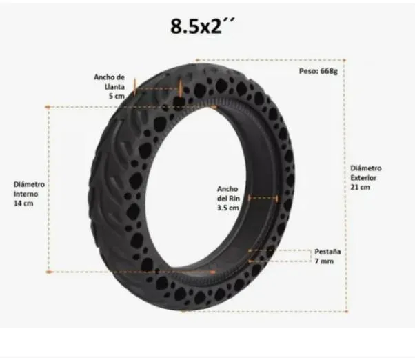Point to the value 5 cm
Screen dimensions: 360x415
[115, 96]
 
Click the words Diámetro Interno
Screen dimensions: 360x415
[30, 189]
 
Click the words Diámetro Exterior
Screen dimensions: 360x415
[365, 172]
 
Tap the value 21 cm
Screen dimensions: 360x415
[361, 187]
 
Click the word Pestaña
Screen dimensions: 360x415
[328, 251]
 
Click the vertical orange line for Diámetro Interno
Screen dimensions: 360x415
[49, 190]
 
